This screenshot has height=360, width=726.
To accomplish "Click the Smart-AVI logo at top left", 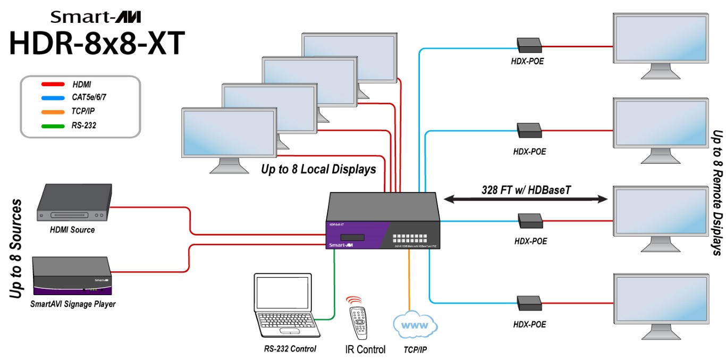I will click(96, 17).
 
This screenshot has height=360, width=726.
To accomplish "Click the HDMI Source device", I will click(73, 203).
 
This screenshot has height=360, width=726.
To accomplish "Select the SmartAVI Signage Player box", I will click(73, 276).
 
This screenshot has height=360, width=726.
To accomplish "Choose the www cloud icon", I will click(415, 324).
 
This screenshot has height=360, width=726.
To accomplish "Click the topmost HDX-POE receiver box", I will click(529, 44).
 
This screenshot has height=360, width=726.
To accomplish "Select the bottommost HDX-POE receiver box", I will click(529, 303).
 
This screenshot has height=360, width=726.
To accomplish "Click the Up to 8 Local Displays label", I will click(318, 170).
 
